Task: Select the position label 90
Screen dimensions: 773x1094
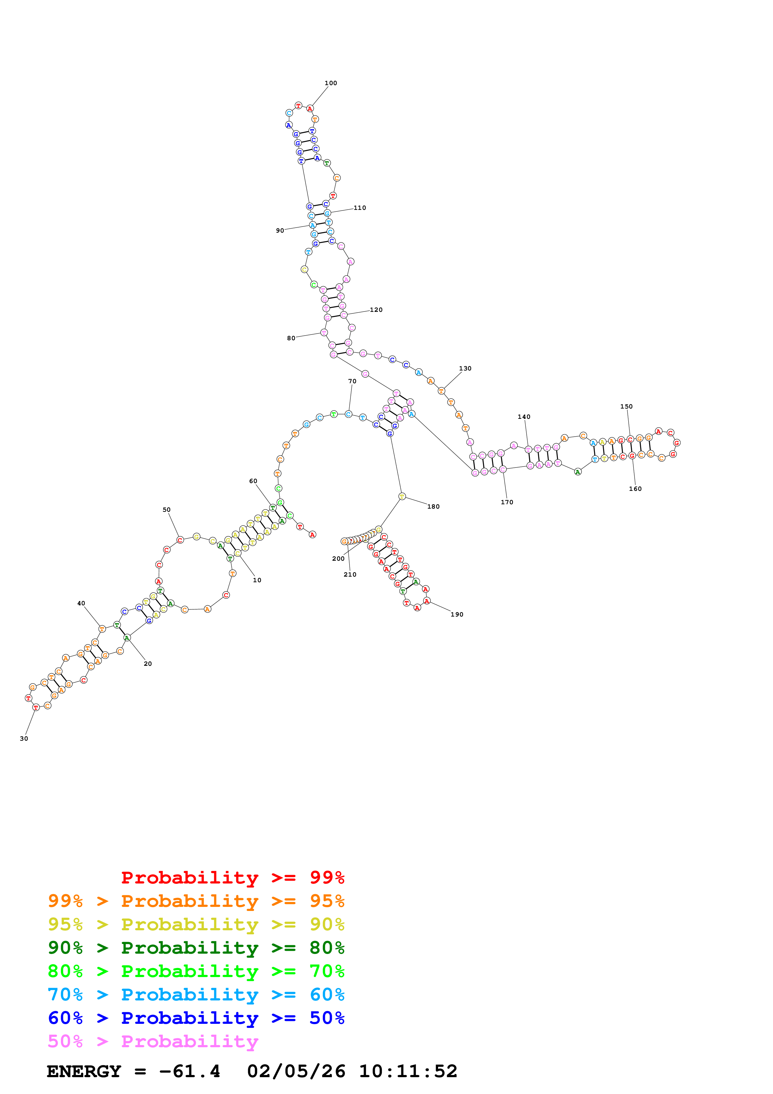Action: [x=280, y=230]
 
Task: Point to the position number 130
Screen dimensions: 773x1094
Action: [x=465, y=368]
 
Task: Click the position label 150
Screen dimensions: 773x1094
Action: [x=626, y=406]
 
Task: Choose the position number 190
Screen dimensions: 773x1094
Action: [x=457, y=615]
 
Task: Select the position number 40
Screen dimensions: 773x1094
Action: [x=81, y=603]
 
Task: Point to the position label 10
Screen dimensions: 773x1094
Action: [x=257, y=580]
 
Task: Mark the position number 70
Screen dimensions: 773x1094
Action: [x=352, y=381]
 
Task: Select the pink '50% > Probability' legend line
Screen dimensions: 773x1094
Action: [x=153, y=1042]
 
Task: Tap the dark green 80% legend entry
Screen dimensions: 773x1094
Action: [x=196, y=948]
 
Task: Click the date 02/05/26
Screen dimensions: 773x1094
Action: [x=296, y=1072]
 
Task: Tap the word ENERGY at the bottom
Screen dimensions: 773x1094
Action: [x=84, y=1072]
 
